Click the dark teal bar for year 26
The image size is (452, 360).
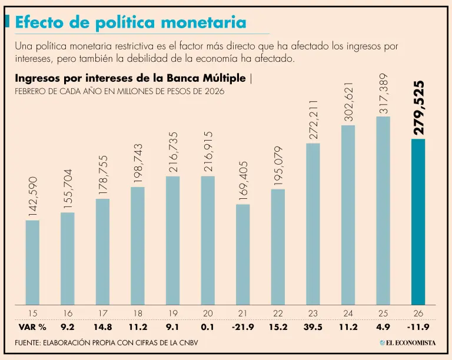tap(418, 222)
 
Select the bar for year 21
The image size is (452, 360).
tap(243, 254)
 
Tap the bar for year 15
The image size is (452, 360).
tap(32, 262)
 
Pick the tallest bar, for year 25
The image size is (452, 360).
tap(383, 210)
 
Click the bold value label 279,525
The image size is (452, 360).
tap(418, 108)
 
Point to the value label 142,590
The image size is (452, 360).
tap(33, 197)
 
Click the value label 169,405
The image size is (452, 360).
tap(243, 181)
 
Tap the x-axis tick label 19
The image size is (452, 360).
tap(172, 313)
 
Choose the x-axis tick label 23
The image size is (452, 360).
tap(313, 313)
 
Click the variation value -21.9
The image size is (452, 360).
tap(242, 327)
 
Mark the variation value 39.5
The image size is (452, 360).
tap(313, 327)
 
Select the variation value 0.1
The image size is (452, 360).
tap(208, 327)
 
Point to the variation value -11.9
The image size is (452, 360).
tap(418, 327)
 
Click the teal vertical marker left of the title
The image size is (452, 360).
tap(7, 22)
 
